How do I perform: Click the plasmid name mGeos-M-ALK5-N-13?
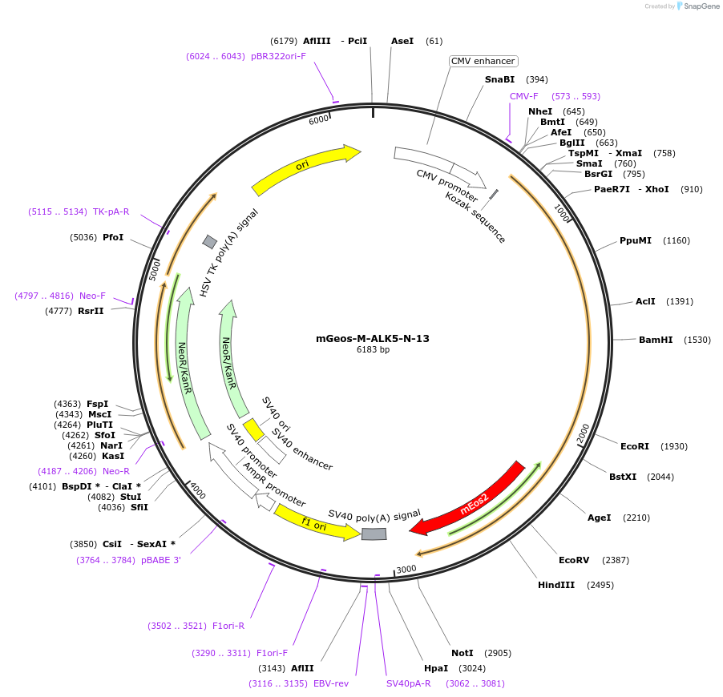point(373,338)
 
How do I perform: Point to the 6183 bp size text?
point(373,350)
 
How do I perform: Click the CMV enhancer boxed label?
point(483,61)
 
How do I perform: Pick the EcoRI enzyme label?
point(635,446)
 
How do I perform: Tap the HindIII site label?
point(556,585)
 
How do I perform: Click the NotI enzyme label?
point(462,653)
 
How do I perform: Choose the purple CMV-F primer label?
point(524,96)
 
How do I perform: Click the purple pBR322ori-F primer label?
point(278,56)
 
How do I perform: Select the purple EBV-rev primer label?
point(330,683)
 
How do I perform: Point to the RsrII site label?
point(91,311)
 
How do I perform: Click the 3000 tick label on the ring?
point(406,569)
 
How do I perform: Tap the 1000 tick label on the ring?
point(561,213)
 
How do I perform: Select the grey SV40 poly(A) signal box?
point(374,534)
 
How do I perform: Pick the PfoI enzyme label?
point(113,237)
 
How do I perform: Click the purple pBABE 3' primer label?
point(162,560)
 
